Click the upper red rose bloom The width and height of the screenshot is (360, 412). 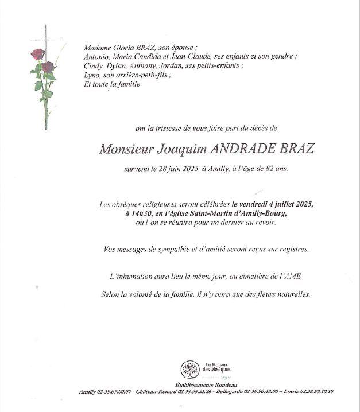point(38,54)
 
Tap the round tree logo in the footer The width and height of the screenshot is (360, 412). point(188,368)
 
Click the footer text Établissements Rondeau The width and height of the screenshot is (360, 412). point(206,384)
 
